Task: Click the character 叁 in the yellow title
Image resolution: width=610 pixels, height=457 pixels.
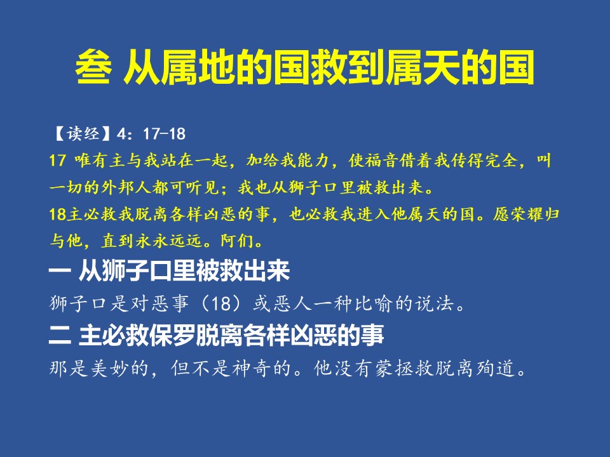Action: [x=94, y=67]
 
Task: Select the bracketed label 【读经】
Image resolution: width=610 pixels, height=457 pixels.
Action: [x=83, y=134]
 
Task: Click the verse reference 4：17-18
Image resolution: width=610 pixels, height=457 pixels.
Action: [x=151, y=134]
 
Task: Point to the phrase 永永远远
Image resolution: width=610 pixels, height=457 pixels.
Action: [x=168, y=241]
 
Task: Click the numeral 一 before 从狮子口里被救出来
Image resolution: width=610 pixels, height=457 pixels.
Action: [x=60, y=271]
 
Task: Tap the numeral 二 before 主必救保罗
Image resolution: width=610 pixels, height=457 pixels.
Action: [x=60, y=335]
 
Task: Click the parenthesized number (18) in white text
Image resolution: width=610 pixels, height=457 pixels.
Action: [x=221, y=303]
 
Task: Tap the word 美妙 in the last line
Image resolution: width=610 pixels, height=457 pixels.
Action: [x=110, y=368]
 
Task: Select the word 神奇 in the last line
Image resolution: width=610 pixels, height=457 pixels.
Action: [x=252, y=368]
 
